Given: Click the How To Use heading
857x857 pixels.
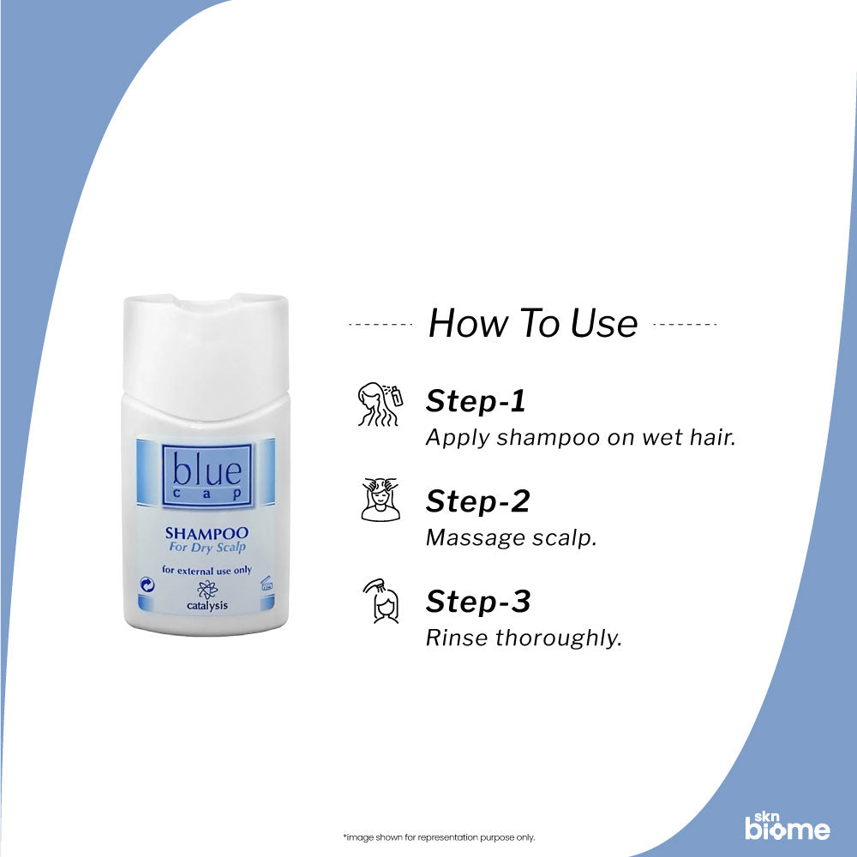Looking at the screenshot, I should (532, 323).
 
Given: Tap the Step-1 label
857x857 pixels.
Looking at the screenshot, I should (476, 401).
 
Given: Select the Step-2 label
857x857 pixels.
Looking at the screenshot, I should (477, 501).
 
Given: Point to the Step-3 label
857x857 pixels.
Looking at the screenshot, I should (478, 602).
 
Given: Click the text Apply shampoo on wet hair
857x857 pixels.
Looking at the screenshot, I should (581, 437).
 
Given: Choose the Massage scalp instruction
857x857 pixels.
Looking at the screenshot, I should (511, 538).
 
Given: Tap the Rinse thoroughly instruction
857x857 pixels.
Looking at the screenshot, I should (524, 638).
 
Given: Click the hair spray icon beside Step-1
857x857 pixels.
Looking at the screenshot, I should (379, 405).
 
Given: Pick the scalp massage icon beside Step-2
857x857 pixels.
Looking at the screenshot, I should (379, 500).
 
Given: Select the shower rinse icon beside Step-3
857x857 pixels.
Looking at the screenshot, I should (379, 601).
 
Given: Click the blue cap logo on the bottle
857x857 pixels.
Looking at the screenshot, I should (206, 474).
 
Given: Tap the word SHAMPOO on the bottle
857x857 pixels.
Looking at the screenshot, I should (206, 533).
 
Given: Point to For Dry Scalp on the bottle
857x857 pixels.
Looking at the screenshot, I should (206, 548).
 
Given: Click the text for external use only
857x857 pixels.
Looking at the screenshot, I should (206, 569).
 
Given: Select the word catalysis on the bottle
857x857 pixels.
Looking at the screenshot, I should (207, 605).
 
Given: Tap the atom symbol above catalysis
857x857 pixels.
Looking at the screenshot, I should (207, 589).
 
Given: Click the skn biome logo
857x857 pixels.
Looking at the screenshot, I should (787, 824).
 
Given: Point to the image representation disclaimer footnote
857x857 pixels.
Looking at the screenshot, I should (438, 837).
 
